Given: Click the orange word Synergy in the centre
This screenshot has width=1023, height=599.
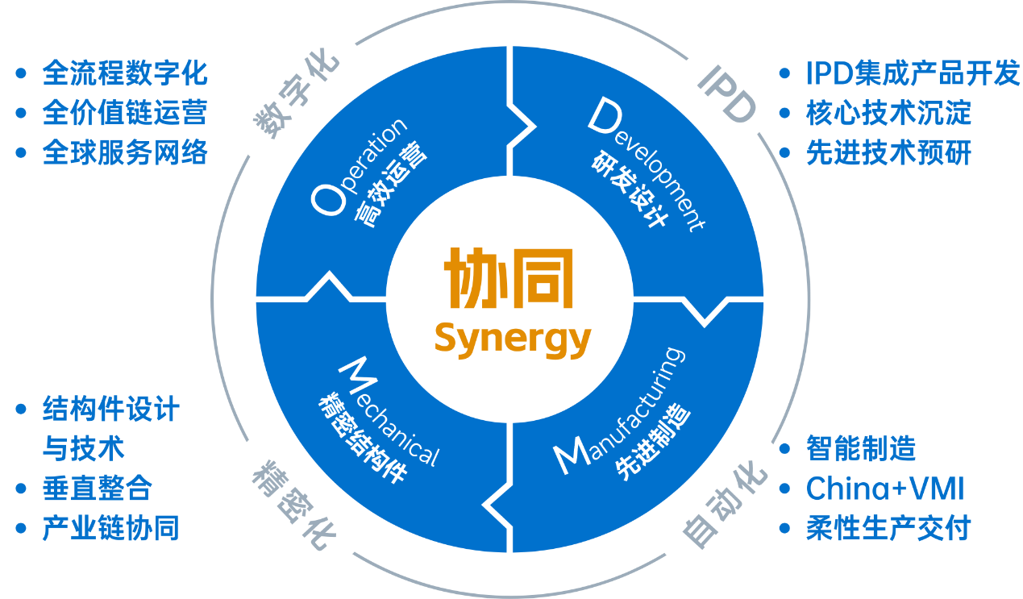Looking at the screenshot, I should (x=513, y=339).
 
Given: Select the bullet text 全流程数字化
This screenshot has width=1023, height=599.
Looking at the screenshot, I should (x=125, y=74).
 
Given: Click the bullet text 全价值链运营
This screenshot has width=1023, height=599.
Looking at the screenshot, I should (x=125, y=113).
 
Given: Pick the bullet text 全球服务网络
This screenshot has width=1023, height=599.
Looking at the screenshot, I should (x=125, y=152).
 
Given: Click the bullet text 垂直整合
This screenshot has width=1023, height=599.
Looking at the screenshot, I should (x=97, y=489).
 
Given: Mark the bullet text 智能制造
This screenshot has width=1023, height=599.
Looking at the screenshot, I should (x=861, y=448).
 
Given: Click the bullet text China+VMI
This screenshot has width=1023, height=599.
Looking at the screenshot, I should (x=885, y=489).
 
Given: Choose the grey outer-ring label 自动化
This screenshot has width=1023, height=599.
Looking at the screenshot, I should (x=722, y=503).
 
